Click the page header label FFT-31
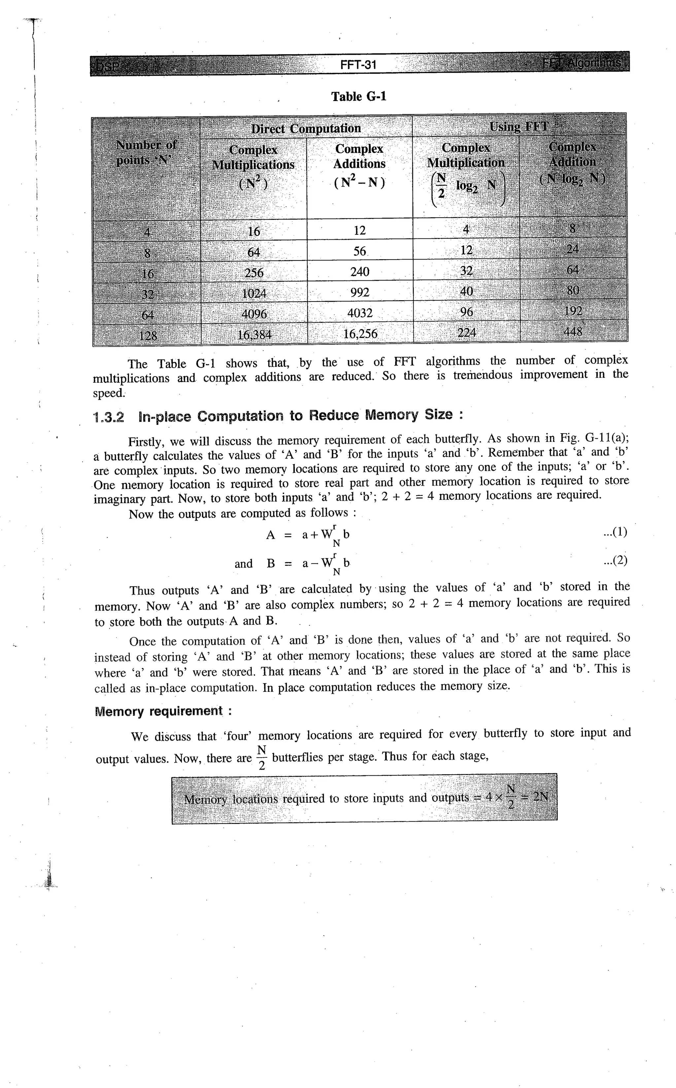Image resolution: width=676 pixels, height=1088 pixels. [358, 65]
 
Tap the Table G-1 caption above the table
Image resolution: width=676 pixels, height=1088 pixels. [358, 97]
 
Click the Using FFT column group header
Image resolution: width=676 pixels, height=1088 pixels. [518, 126]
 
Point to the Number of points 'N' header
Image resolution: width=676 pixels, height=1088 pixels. [146, 153]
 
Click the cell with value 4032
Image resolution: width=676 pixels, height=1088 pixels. [360, 313]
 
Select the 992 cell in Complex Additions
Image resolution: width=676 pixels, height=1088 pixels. [360, 293]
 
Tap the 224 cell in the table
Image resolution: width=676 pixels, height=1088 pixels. [466, 332]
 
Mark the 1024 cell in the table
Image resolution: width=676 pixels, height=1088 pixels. [254, 293]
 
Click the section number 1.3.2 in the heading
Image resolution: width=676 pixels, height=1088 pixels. [109, 417]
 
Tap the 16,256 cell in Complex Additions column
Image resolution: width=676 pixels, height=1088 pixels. [360, 333]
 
